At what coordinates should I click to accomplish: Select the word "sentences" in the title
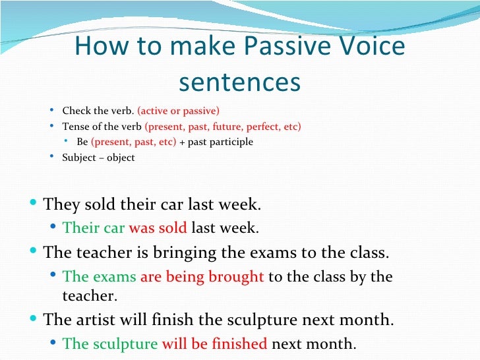click(x=239, y=82)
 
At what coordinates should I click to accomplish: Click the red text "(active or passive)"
click(x=178, y=110)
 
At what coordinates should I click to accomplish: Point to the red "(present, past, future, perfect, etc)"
click(x=223, y=126)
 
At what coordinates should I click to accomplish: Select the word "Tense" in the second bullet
click(x=76, y=126)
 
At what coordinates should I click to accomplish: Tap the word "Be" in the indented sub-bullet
click(x=82, y=142)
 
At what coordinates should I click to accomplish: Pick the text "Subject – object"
click(x=98, y=158)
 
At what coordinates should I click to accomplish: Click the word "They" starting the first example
click(x=61, y=204)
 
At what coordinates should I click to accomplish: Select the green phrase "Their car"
click(x=93, y=228)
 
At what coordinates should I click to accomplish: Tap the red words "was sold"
click(x=158, y=228)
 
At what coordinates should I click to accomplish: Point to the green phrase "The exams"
click(x=99, y=276)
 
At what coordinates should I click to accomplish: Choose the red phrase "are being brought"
click(x=202, y=276)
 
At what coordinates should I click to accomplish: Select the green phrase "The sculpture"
click(x=110, y=344)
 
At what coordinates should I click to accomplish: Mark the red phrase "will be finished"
click(x=214, y=344)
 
